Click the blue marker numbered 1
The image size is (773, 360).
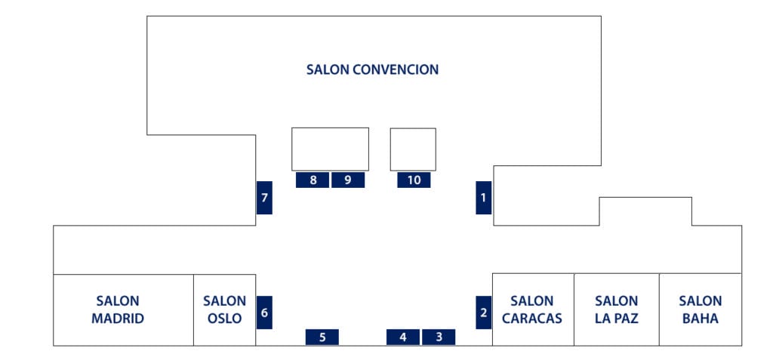pos(483,198)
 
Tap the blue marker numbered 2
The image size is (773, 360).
pos(483,312)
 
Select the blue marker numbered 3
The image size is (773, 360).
pos(439,337)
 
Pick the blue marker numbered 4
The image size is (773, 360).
pos(403,337)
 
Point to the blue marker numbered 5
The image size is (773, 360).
pos(322,337)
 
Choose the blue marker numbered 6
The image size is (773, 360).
pos(264,312)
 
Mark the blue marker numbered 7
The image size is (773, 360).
pos(264,198)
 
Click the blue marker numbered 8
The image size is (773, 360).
pos(313,180)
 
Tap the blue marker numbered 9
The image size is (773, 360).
pos(348,180)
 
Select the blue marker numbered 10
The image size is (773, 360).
pos(414,180)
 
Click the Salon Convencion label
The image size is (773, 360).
pos(373,69)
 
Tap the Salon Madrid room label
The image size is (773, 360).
pos(118,309)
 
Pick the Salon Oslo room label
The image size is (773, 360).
pos(224,309)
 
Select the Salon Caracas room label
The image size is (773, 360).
pos(532,309)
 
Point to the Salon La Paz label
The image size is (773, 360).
pos(616,309)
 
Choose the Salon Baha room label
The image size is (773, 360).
pos(700,309)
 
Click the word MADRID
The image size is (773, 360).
pos(118,318)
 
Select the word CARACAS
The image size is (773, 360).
pos(532,318)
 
